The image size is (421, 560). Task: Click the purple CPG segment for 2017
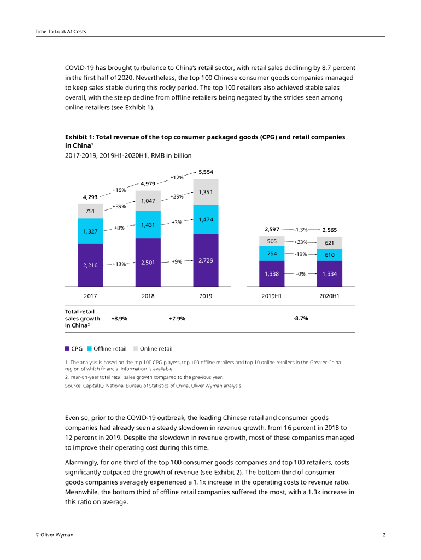tap(90, 265)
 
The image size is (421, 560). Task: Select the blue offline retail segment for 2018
tap(148, 225)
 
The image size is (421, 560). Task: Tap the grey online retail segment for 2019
tap(206, 192)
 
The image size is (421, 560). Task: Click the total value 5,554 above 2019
tap(206, 172)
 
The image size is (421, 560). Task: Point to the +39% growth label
tap(119, 206)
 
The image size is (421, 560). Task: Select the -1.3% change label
tap(301, 230)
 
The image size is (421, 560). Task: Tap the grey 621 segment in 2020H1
tap(329, 243)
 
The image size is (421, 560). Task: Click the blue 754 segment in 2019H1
tap(272, 254)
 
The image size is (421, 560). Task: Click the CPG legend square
tap(67, 348)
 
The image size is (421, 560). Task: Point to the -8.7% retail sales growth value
tap(301, 318)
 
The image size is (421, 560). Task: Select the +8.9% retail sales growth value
tap(119, 318)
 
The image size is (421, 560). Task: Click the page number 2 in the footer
tap(384, 535)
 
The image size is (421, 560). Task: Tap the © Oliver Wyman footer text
tap(54, 535)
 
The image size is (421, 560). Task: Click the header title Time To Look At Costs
tap(60, 31)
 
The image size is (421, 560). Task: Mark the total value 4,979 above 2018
tap(148, 183)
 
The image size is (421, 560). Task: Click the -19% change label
tap(301, 254)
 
